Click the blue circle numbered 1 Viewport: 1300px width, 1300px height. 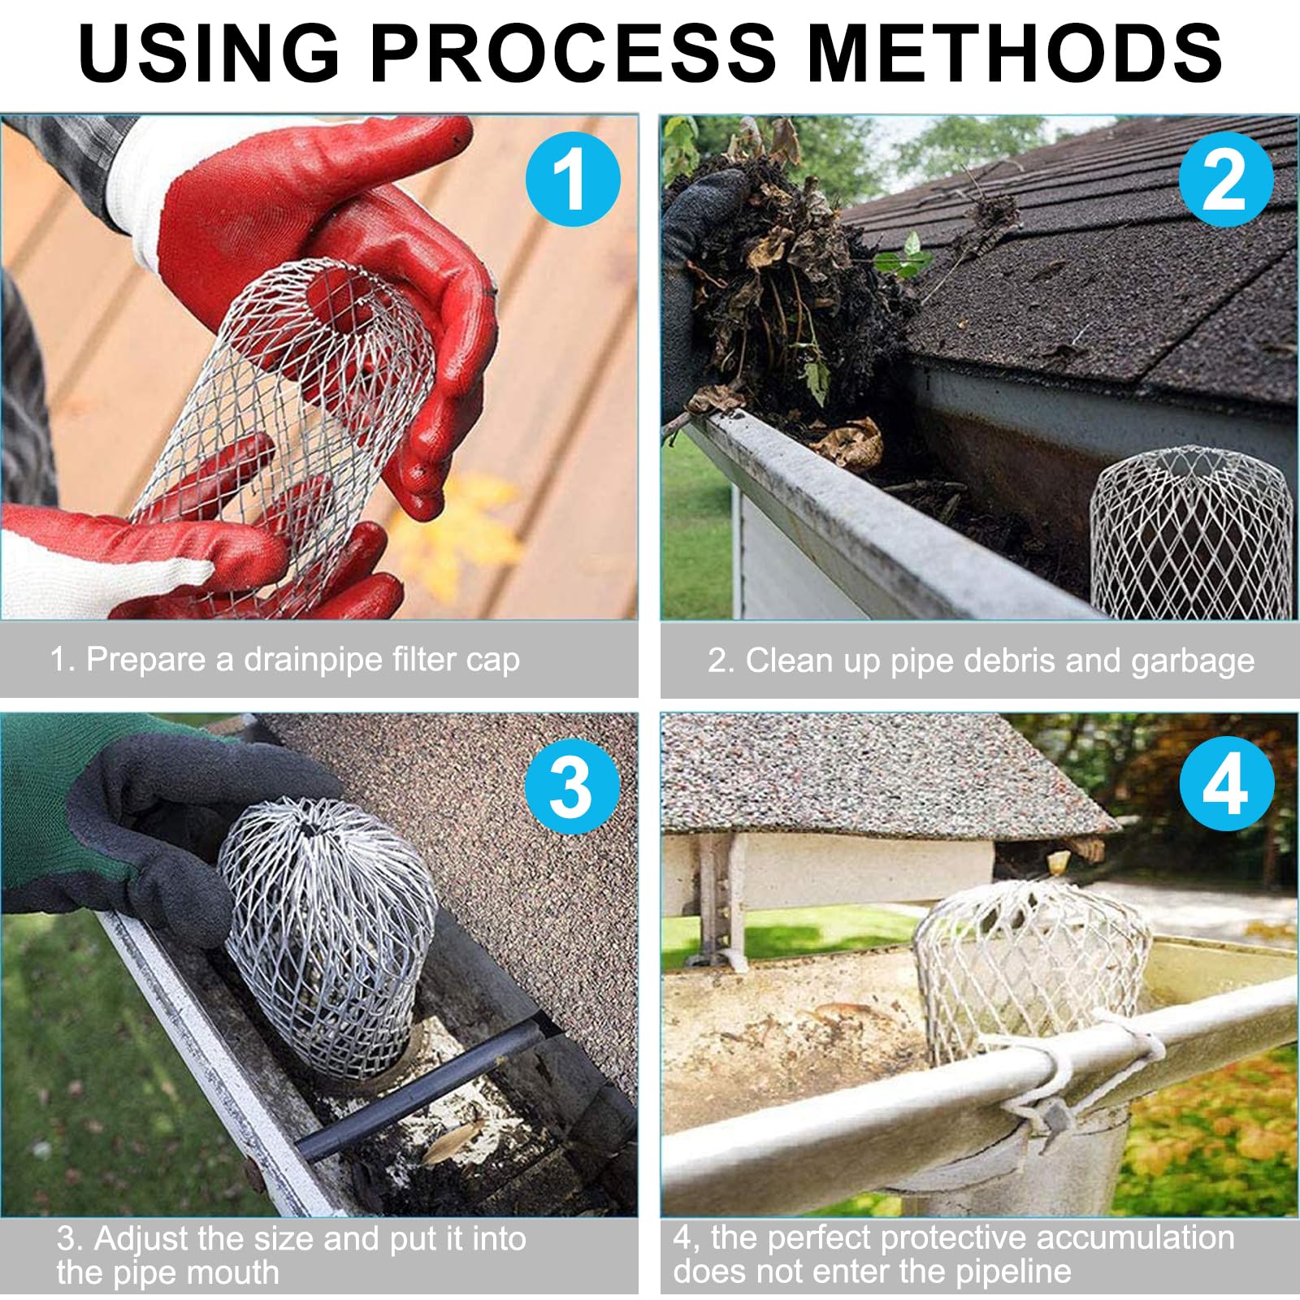[573, 180]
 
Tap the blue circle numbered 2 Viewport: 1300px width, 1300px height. [1226, 180]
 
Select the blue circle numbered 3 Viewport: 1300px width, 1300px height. [573, 786]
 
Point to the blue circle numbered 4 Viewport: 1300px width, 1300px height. [1226, 784]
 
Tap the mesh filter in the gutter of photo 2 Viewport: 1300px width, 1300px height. [1191, 532]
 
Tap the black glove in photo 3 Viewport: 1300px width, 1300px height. [162, 829]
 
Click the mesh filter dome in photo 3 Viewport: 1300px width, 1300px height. [329, 934]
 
